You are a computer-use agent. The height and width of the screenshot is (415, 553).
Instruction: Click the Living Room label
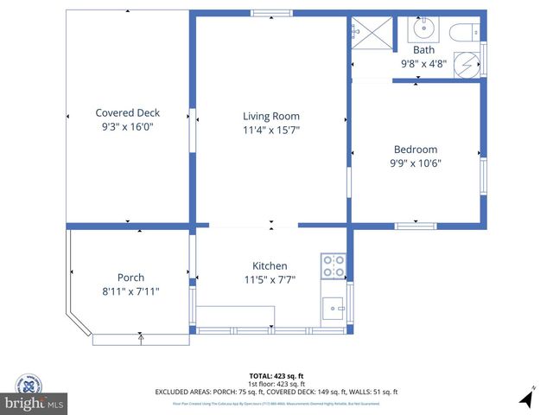[x=270, y=116]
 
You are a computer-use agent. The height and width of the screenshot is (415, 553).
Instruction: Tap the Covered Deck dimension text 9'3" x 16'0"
[x=127, y=126]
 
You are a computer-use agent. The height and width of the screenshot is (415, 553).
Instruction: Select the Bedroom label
[x=415, y=149]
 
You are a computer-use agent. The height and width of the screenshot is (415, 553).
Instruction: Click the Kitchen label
[x=270, y=265]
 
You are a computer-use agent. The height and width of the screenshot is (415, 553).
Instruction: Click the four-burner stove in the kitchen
[x=334, y=266]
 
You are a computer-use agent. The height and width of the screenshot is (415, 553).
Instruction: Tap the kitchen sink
[x=333, y=307]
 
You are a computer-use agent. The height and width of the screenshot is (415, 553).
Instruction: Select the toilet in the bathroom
[x=462, y=32]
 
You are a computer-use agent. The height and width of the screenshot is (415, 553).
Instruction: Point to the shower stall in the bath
[x=371, y=33]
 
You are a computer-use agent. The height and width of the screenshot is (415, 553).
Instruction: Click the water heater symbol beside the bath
[x=466, y=66]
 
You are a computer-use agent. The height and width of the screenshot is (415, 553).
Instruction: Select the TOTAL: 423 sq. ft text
[x=276, y=376]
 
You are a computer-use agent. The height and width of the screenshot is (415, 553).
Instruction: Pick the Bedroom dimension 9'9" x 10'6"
[x=415, y=163]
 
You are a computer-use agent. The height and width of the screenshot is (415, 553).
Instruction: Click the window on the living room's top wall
[x=265, y=13]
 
